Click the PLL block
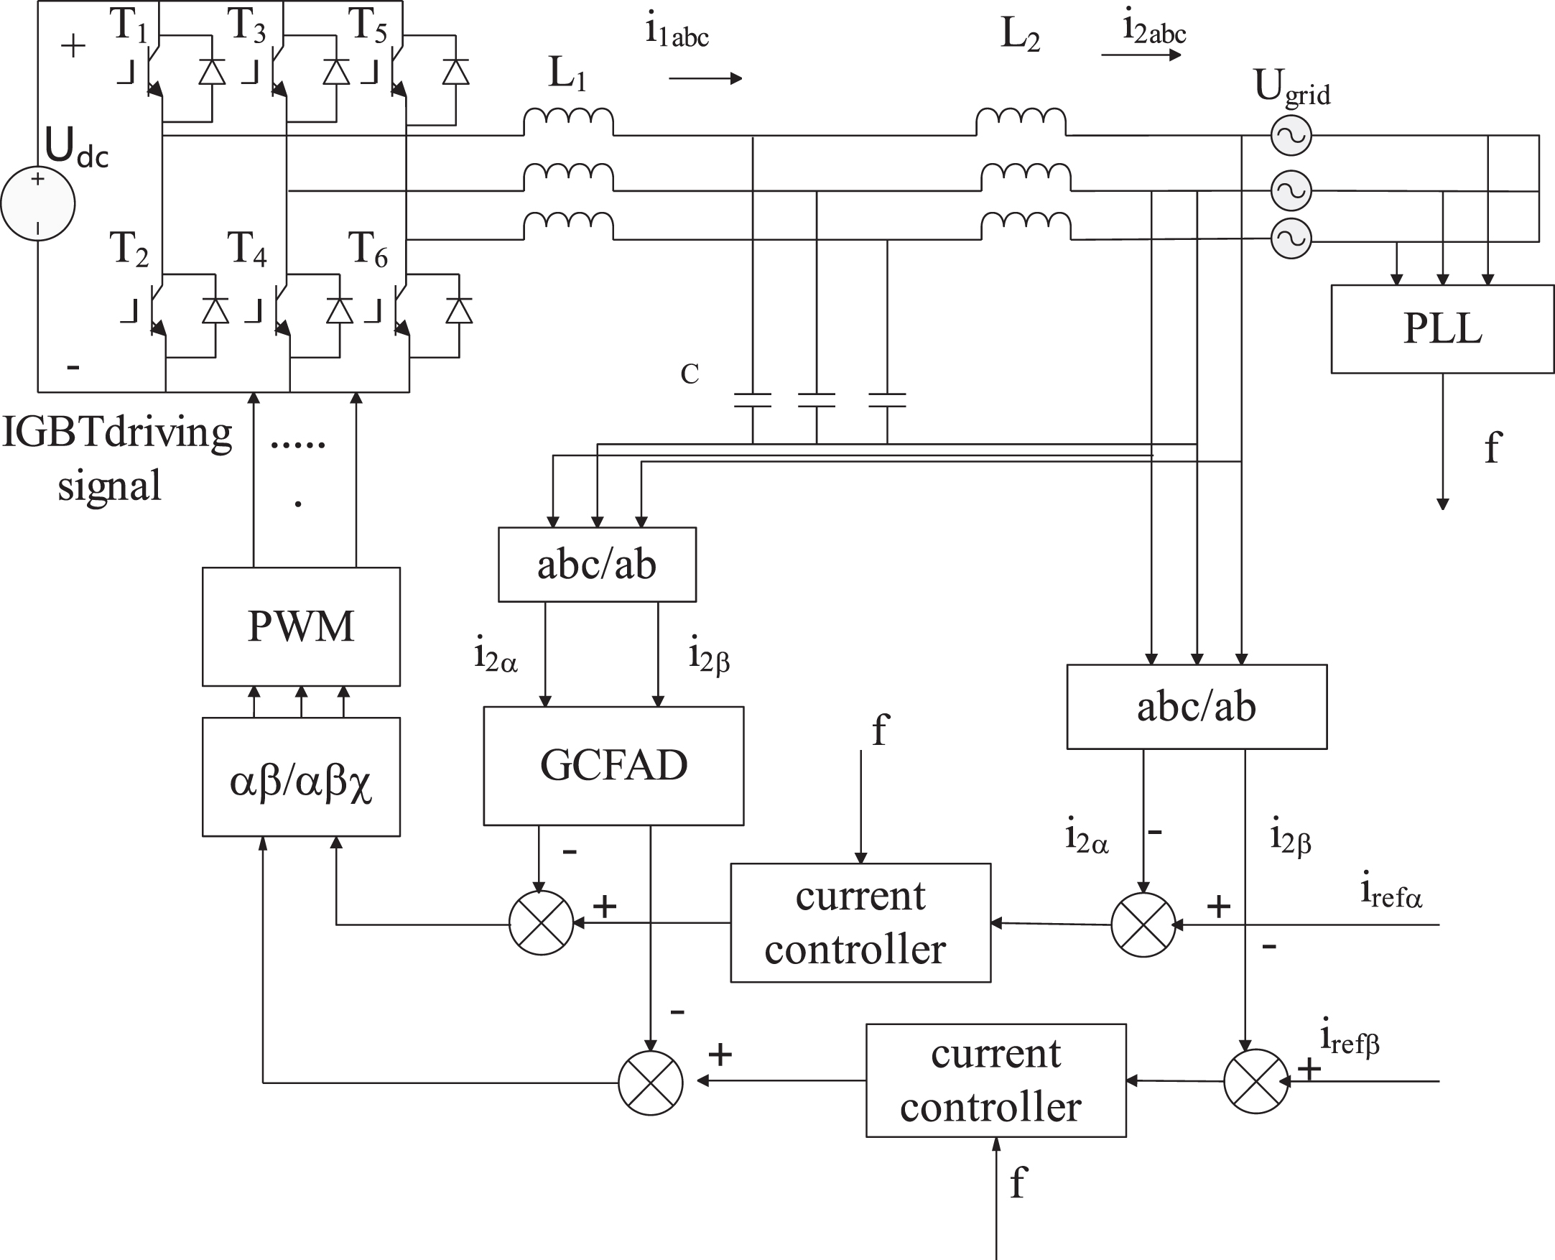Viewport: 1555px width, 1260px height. point(1442,329)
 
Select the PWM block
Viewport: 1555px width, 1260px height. point(301,626)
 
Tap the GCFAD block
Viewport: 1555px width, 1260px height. point(614,766)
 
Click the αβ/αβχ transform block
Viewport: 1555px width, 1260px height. point(301,777)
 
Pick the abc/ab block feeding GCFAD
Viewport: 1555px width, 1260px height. point(597,565)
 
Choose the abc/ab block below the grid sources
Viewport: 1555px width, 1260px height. point(1197,706)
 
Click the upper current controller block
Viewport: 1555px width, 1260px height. point(860,922)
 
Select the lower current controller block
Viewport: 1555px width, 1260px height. point(996,1080)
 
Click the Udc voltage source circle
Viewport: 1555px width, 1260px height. point(38,204)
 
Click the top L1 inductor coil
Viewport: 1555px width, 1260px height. point(569,121)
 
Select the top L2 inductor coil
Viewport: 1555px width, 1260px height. point(1021,121)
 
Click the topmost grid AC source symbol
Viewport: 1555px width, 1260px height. point(1291,136)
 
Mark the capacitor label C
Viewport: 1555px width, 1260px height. point(690,374)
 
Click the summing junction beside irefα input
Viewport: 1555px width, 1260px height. point(1143,925)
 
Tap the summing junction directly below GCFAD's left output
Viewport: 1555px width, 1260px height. point(542,922)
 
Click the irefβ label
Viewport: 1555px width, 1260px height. point(1350,1041)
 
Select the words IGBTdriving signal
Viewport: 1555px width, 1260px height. point(118,458)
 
